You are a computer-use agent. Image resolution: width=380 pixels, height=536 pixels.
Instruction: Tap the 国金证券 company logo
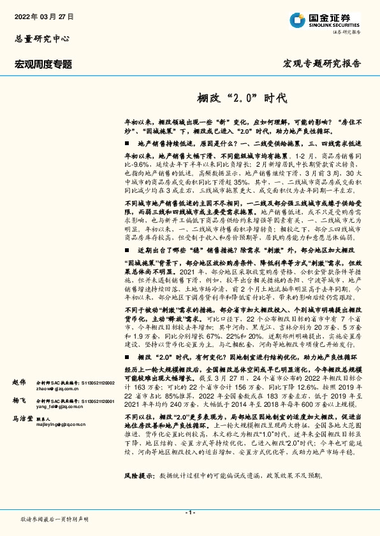point(322,19)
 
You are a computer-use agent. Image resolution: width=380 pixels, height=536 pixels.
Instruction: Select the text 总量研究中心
point(36,38)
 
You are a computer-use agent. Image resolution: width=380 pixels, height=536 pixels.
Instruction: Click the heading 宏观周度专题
point(43,64)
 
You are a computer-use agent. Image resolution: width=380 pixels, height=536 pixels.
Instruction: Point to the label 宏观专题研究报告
point(321,64)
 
